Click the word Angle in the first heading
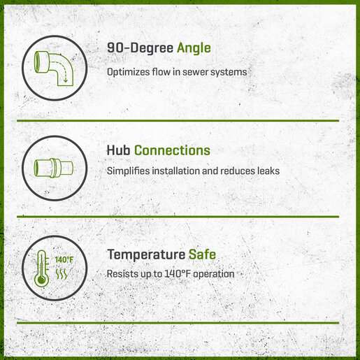tap(194, 48)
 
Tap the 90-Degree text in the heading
tap(140, 48)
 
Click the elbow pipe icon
tap(54, 68)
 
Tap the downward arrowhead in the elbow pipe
tap(66, 80)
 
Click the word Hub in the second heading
tap(118, 150)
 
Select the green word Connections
tap(172, 150)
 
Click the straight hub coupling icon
tap(54, 168)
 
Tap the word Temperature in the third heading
tap(146, 254)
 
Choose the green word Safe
tap(202, 254)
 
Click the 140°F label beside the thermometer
tap(64, 259)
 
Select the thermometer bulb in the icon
tap(41, 280)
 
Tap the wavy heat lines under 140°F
tap(62, 274)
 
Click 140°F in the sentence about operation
tap(178, 274)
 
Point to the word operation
tap(214, 274)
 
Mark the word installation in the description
tap(175, 171)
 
